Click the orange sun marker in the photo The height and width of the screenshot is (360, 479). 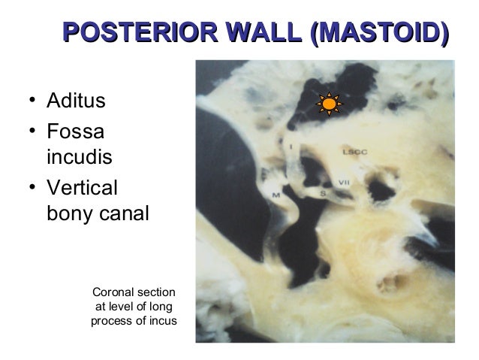point(328,104)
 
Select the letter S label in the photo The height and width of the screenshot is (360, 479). point(324,194)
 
